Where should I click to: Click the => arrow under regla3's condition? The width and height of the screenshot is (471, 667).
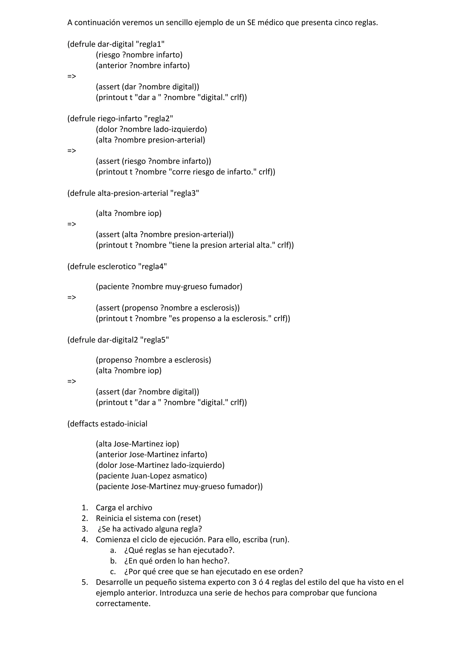72,224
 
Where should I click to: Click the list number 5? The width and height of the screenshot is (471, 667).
84,582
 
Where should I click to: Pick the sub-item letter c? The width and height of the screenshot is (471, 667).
113,571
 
